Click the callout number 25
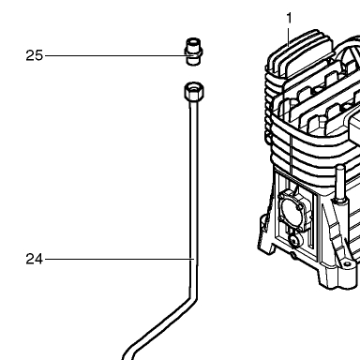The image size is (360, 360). point(34,55)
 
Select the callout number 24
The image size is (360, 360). point(34,259)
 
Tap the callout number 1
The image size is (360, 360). point(290,18)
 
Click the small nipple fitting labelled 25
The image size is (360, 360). point(194,52)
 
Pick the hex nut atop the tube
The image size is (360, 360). point(194,91)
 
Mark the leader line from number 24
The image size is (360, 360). point(119,259)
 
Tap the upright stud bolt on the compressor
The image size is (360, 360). point(339,185)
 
